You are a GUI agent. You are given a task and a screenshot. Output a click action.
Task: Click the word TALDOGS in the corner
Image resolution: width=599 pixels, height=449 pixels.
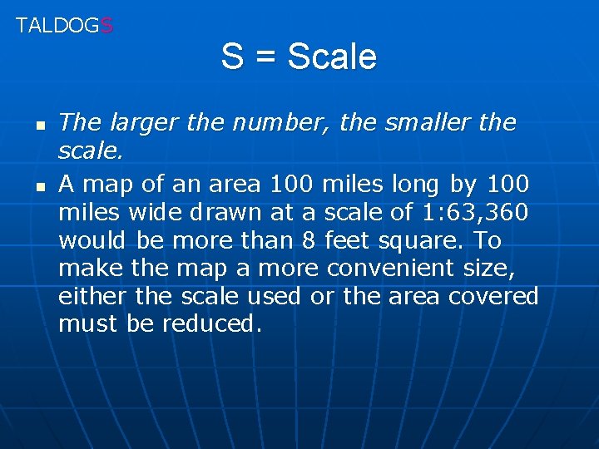click(x=64, y=25)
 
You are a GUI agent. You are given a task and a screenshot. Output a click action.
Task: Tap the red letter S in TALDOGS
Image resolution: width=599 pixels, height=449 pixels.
click(x=106, y=25)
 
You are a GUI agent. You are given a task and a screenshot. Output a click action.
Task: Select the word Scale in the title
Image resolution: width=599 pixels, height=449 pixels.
click(x=332, y=57)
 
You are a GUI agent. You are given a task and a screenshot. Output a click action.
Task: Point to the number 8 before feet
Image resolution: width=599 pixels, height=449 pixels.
click(x=308, y=240)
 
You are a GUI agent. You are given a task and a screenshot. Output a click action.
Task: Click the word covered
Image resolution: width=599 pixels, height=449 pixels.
click(x=494, y=297)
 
